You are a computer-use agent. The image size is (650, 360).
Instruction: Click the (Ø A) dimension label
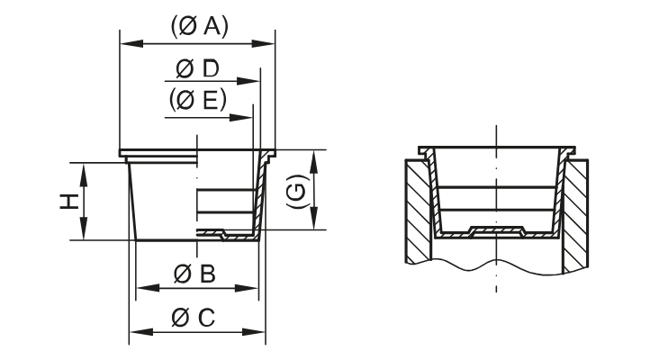(x=198, y=27)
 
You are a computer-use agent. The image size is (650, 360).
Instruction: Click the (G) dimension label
(x=294, y=190)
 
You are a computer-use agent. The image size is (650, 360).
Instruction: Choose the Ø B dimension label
(x=194, y=274)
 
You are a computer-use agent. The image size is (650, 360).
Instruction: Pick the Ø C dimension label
(x=194, y=318)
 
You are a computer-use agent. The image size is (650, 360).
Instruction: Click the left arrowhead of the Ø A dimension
(x=125, y=42)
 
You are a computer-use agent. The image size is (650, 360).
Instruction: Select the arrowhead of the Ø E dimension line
(x=248, y=117)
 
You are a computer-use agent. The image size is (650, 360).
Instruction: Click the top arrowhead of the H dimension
(x=82, y=168)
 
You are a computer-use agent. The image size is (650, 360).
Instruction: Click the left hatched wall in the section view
(x=416, y=211)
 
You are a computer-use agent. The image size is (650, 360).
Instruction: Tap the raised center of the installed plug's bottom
(x=494, y=229)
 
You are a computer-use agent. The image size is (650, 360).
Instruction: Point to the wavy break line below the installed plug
(x=494, y=263)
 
